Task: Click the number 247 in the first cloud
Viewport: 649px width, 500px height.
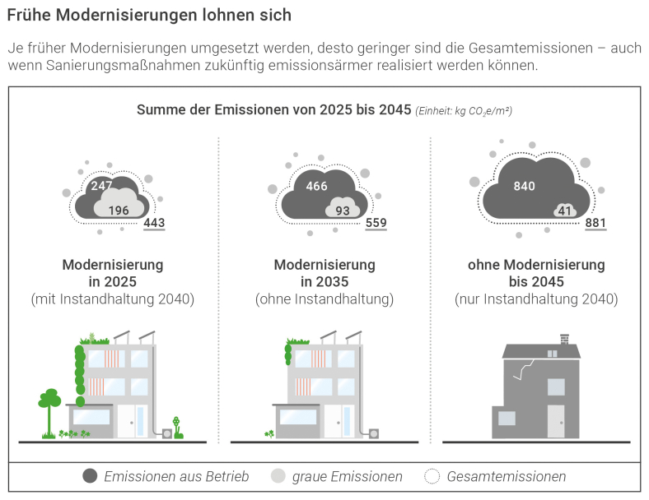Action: [101, 186]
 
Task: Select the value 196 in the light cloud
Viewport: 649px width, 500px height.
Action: [119, 211]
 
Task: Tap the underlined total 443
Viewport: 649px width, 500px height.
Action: [154, 223]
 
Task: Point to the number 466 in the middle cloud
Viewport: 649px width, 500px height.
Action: [316, 186]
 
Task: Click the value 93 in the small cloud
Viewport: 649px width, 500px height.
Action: [343, 211]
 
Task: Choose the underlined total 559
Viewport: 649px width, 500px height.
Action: [376, 223]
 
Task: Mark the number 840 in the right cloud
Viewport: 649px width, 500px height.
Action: [524, 186]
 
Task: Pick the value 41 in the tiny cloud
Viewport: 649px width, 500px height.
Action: [564, 211]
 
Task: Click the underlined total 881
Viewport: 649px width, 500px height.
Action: [595, 223]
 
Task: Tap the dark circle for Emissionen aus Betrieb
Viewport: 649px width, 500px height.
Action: [91, 476]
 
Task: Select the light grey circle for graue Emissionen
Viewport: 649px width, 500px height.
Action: [278, 476]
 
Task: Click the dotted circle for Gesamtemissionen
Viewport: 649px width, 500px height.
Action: [432, 476]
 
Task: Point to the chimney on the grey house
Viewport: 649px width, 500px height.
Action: [564, 339]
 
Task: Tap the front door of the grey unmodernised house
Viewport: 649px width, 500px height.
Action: [557, 420]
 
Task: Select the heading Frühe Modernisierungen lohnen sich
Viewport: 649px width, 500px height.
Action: [149, 16]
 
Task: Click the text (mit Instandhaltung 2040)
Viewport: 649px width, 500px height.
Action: [113, 299]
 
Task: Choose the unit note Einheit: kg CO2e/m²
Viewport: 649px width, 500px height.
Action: [464, 111]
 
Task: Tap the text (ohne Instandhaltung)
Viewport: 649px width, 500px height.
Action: [324, 299]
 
